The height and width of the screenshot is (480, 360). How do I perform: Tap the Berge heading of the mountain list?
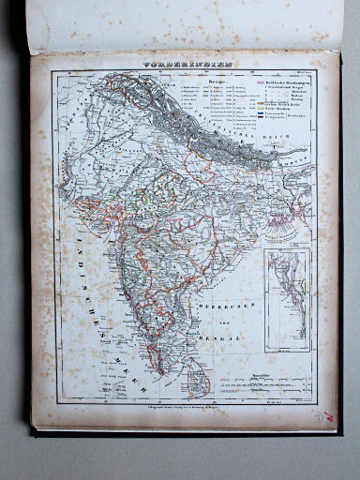(192, 82)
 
